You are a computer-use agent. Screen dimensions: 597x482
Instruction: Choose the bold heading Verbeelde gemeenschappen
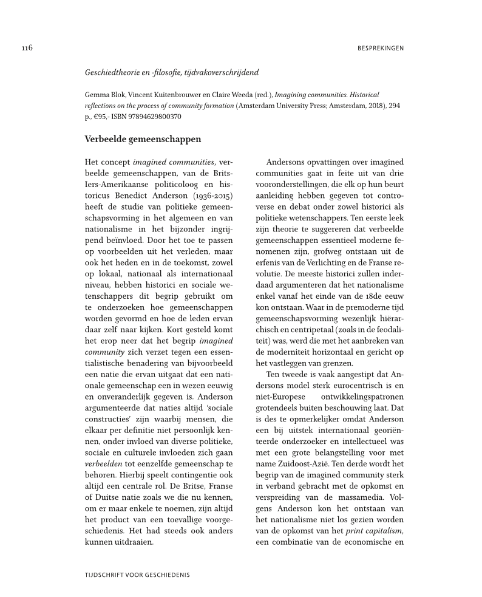click(x=143, y=139)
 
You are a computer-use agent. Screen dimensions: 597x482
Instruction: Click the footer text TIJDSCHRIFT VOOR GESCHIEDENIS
click(x=141, y=573)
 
